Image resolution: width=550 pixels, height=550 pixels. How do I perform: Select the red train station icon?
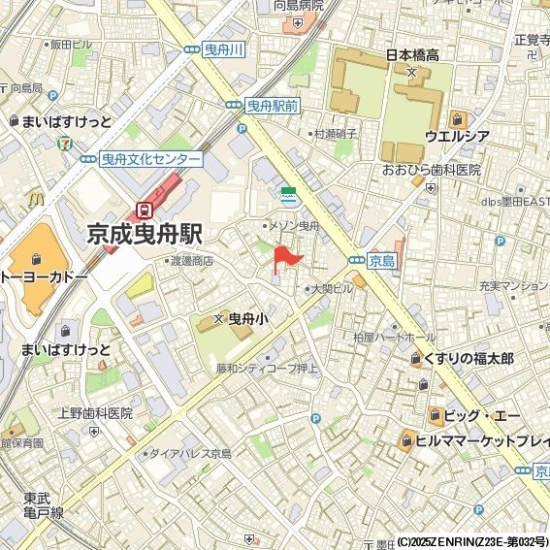tap(145, 209)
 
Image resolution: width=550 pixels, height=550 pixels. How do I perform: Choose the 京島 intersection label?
tap(382, 260)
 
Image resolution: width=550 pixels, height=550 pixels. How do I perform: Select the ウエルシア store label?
tap(457, 136)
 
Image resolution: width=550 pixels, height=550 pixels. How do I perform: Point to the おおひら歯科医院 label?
tap(432, 170)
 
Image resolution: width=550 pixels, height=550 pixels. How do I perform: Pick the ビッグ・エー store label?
tap(481, 416)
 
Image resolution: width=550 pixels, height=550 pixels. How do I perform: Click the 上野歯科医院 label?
tap(94, 412)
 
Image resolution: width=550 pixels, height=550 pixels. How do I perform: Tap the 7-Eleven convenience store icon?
tap(64, 141)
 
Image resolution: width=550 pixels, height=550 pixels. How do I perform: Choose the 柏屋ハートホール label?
tap(394, 337)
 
